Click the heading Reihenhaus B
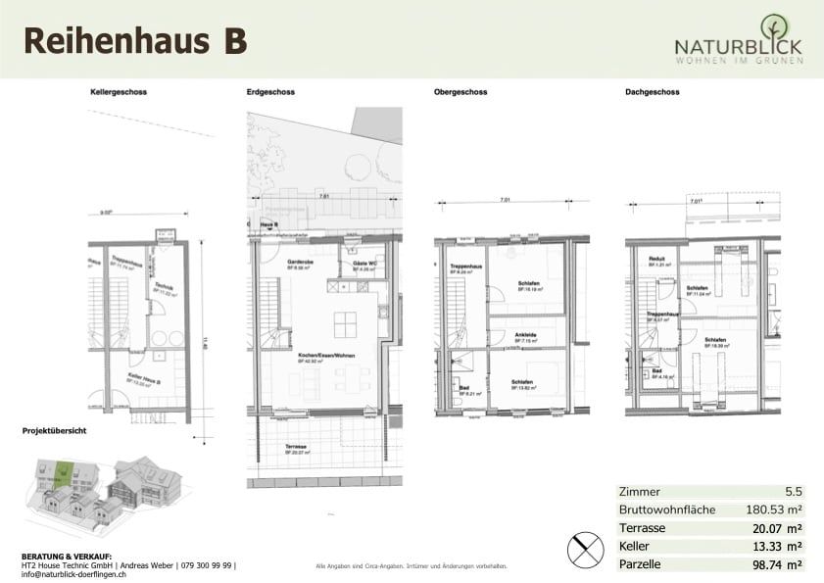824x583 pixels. (x=134, y=40)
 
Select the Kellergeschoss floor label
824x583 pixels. (x=118, y=93)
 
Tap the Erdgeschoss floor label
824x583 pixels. (x=267, y=93)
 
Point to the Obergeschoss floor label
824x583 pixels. (x=460, y=93)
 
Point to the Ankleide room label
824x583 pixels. (x=524, y=334)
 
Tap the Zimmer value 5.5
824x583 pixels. (x=794, y=491)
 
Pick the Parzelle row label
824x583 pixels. (x=640, y=565)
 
